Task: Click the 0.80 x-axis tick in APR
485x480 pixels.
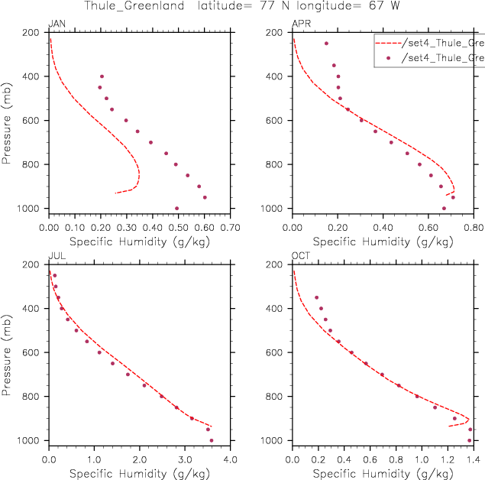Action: [473, 227]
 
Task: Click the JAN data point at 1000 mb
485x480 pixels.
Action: [176, 208]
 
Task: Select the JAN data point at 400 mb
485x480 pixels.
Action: [102, 76]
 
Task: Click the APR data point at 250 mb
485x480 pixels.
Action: [326, 44]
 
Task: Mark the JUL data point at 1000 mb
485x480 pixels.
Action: [212, 440]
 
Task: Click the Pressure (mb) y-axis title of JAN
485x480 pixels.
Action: [8, 119]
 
